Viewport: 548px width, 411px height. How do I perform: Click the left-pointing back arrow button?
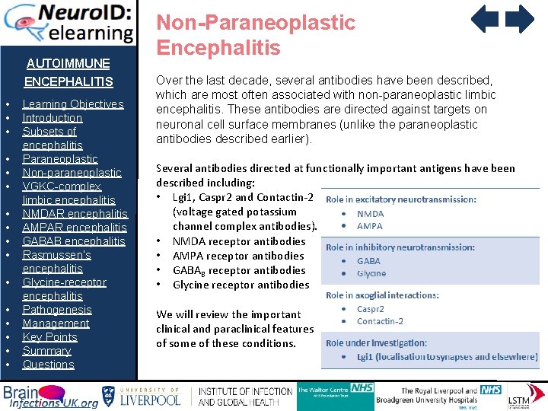(484, 19)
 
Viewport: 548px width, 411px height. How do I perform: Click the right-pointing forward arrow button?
(521, 19)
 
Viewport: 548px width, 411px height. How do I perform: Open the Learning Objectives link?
(72, 104)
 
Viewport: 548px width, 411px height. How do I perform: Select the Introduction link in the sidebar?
(52, 118)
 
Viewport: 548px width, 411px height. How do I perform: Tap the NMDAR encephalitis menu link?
(75, 214)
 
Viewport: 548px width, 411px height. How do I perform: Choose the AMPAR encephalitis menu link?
(75, 228)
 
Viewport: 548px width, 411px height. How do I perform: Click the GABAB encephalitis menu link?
(74, 241)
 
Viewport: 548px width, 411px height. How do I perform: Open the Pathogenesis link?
(57, 310)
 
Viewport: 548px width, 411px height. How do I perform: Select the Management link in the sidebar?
(56, 323)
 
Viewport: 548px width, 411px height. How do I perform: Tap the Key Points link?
(49, 337)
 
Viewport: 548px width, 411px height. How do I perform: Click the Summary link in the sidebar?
(46, 351)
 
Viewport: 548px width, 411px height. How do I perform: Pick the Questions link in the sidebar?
(48, 365)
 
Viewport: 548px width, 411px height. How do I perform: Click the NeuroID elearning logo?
(68, 22)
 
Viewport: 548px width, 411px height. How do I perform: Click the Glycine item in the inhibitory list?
(371, 273)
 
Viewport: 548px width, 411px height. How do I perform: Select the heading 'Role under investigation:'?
(376, 343)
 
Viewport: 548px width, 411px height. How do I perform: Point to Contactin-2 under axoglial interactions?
(380, 321)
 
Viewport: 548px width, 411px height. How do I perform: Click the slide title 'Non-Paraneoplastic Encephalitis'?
(256, 35)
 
